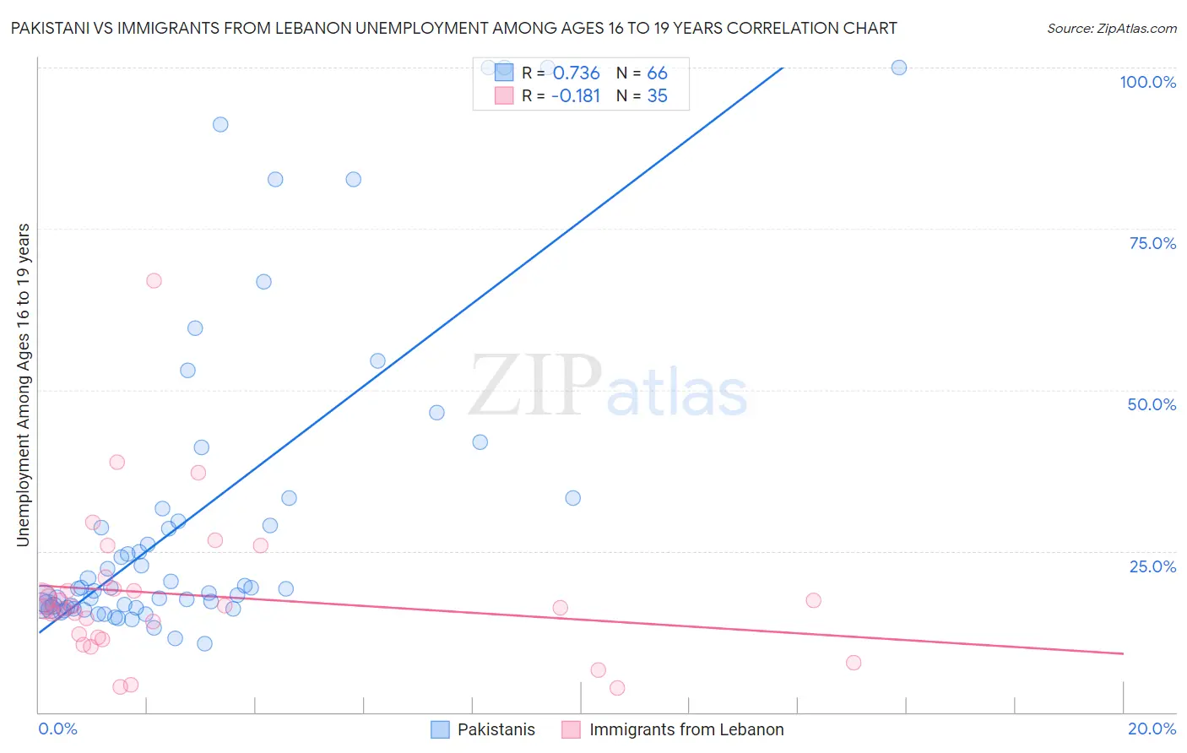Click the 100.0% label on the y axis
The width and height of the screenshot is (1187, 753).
pos(1147,82)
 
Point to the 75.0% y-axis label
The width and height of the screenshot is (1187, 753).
pos(1152,243)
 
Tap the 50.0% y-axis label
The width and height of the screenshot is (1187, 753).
pos(1152,404)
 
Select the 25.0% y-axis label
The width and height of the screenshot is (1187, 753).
pos(1152,566)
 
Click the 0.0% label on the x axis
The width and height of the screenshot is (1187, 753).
pos(57,729)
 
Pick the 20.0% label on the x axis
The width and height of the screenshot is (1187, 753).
pos(1152,729)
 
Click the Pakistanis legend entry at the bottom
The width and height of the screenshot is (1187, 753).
pos(496,729)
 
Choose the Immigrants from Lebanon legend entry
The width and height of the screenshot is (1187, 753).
pos(686,729)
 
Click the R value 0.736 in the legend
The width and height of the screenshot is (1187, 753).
pos(576,73)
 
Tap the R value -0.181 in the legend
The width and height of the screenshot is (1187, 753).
pos(575,96)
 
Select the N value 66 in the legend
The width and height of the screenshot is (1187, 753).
pos(657,73)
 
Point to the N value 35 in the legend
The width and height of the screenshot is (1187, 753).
pos(657,96)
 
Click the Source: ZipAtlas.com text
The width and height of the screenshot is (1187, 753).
pos(1111,29)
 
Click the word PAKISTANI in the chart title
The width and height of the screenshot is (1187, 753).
pos(53,29)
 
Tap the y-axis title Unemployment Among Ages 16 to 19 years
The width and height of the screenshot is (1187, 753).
pos(24,385)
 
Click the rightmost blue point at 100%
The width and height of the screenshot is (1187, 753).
pos(899,68)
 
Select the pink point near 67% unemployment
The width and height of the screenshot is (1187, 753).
pos(154,280)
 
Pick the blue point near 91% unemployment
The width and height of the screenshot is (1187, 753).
pos(220,124)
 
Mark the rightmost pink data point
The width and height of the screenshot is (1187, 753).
pos(854,663)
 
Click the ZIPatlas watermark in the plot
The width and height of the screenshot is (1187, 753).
pos(608,386)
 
